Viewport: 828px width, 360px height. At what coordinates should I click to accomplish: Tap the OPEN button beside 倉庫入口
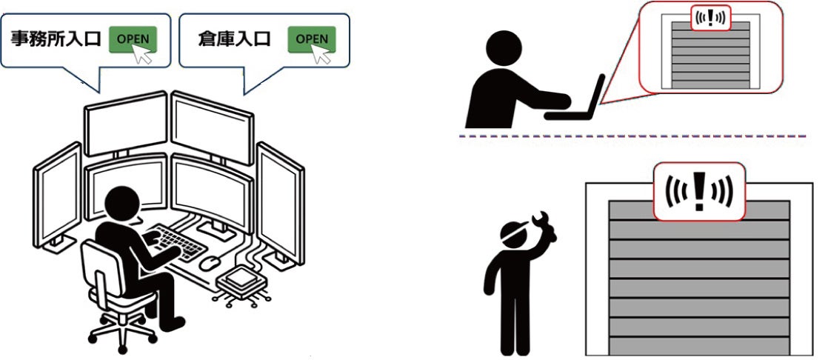[312, 39]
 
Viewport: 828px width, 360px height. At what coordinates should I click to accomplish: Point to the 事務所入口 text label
[56, 39]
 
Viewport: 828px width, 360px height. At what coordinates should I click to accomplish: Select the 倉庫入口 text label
[235, 39]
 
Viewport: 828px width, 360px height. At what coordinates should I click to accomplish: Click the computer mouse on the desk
[209, 262]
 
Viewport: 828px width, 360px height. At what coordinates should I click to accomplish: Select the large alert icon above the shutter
[699, 191]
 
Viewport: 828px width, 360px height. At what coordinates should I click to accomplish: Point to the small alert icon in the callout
[711, 19]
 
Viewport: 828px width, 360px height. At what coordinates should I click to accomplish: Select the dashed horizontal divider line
[632, 136]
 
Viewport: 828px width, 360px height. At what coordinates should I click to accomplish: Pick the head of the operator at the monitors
[122, 203]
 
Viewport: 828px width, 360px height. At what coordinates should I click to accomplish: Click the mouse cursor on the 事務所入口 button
[141, 53]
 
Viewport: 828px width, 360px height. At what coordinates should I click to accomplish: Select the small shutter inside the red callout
[710, 55]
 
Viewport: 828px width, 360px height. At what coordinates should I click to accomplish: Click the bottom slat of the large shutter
[699, 346]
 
